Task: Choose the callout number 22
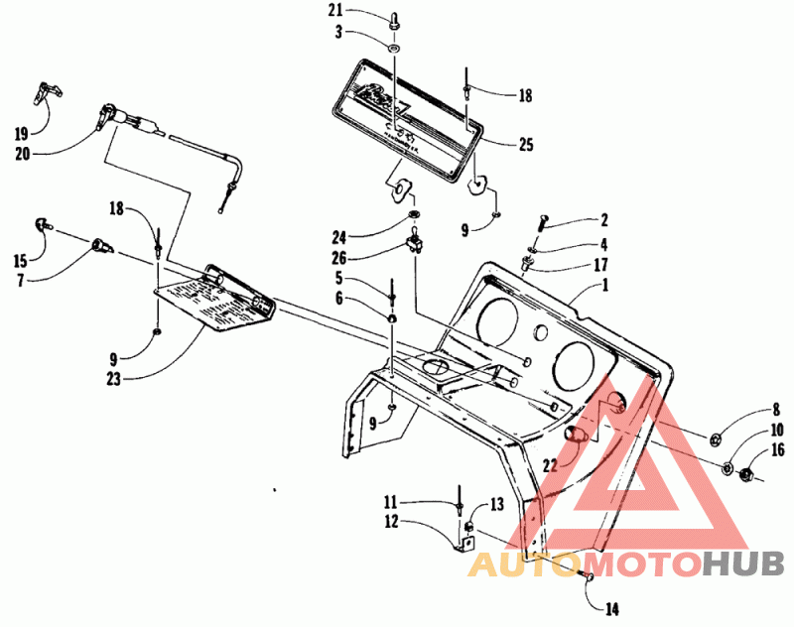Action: click(548, 464)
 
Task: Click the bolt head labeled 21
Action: click(396, 17)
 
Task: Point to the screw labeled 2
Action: click(543, 222)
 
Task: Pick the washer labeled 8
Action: click(715, 439)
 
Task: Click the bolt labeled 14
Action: click(584, 576)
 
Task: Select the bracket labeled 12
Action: click(463, 542)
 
